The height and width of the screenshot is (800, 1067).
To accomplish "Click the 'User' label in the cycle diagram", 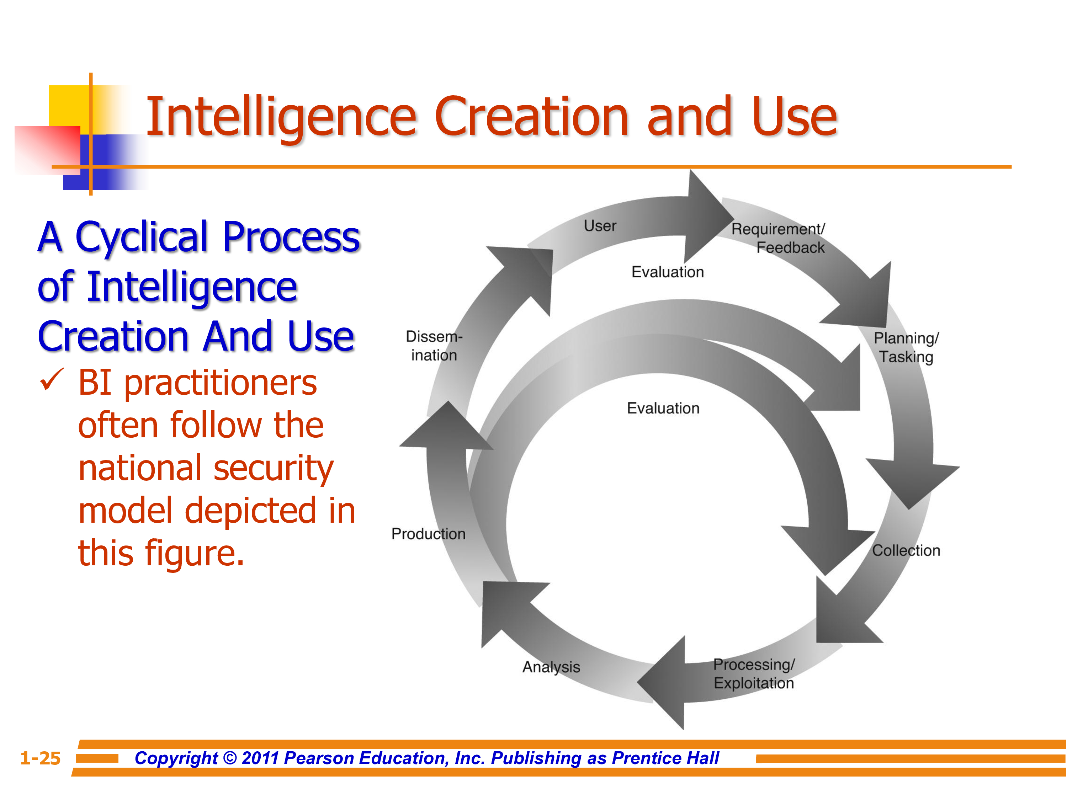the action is pyautogui.click(x=600, y=226).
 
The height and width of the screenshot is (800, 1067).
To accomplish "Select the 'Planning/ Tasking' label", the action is pyautogui.click(x=906, y=347).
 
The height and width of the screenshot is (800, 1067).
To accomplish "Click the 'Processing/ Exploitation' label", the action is pyautogui.click(x=753, y=674).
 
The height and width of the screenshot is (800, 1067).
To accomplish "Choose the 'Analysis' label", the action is pyautogui.click(x=551, y=667).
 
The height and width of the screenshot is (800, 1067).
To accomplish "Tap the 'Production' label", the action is pyautogui.click(x=428, y=534).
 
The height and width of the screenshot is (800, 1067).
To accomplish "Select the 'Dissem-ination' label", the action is pyautogui.click(x=434, y=346).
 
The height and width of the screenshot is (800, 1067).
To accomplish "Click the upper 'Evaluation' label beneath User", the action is pyautogui.click(x=668, y=272).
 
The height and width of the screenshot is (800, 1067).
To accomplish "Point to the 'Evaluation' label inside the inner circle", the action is pyautogui.click(x=663, y=409).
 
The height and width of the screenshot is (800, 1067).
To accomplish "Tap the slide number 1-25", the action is pyautogui.click(x=41, y=758).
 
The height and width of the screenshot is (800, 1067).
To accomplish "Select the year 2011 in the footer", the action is pyautogui.click(x=260, y=758).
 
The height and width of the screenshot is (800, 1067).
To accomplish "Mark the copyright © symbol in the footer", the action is pyautogui.click(x=230, y=758).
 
